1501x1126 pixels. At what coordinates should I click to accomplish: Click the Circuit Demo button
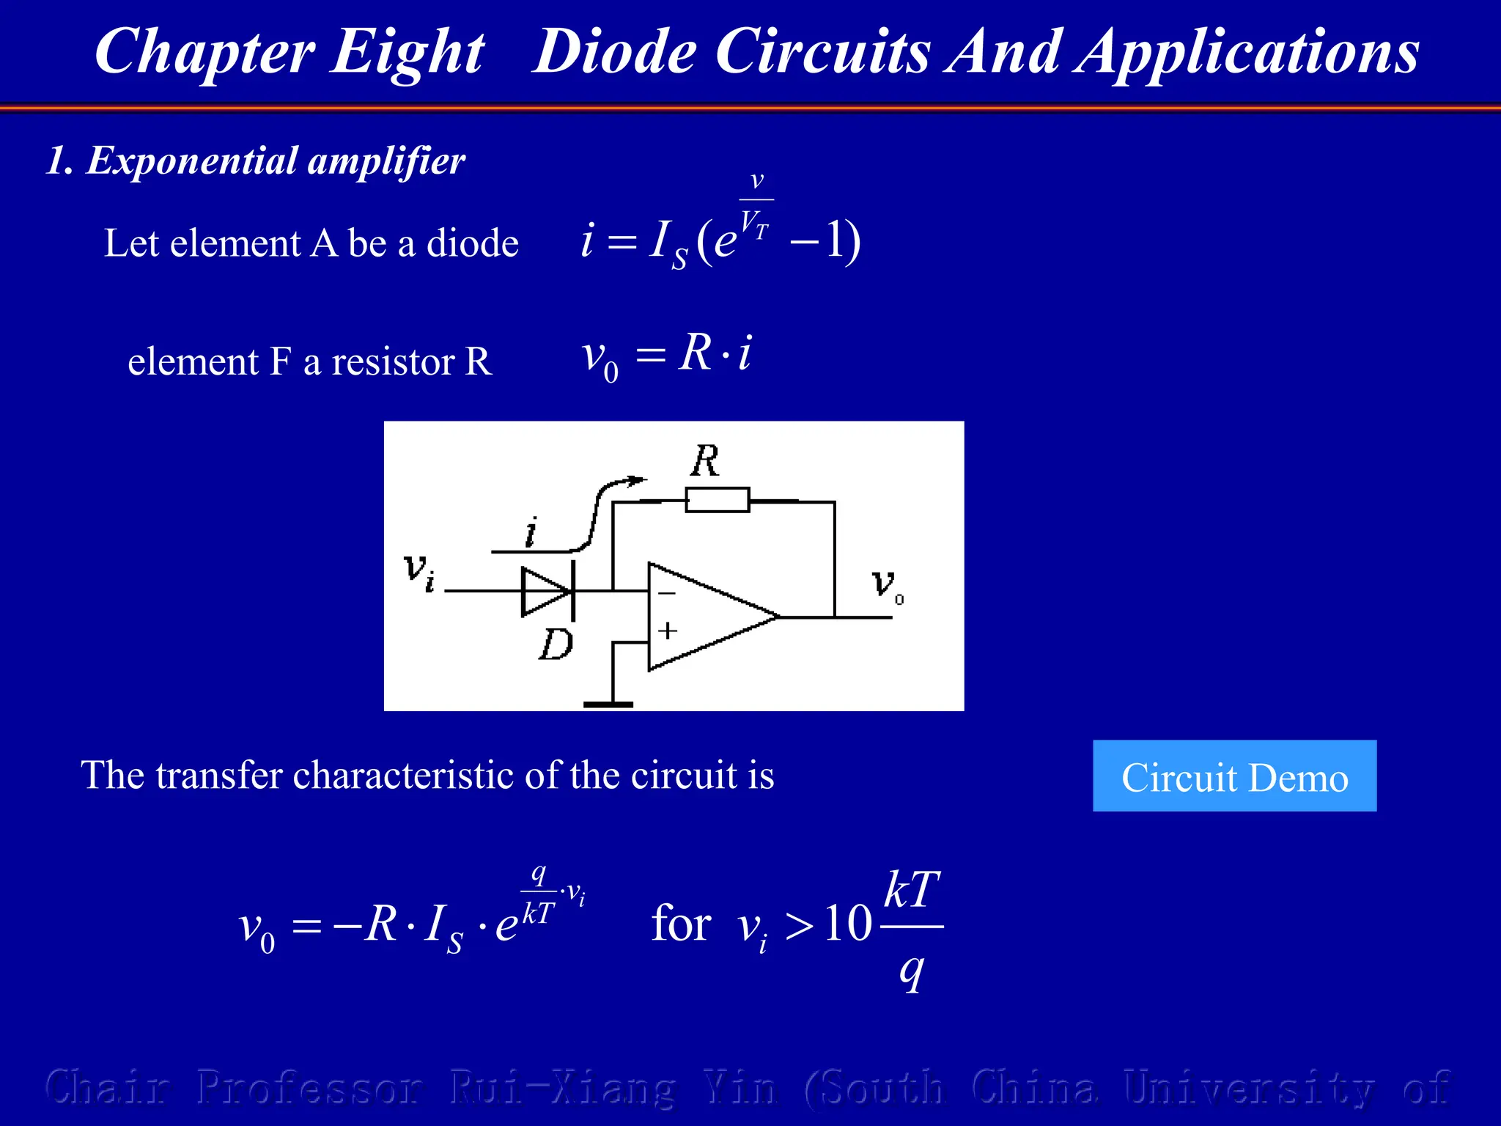[x=1234, y=776]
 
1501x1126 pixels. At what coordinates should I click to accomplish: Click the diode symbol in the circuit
[x=546, y=591]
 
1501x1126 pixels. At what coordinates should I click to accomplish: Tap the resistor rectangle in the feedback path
[x=718, y=500]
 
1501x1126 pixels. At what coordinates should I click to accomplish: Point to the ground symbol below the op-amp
[x=608, y=704]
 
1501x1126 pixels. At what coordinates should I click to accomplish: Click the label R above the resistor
[x=705, y=462]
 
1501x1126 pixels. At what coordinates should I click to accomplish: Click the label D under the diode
[x=556, y=645]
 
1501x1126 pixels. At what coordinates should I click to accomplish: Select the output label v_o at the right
[x=887, y=585]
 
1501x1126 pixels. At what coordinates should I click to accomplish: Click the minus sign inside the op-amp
[x=666, y=593]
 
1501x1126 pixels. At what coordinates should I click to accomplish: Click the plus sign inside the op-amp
[x=667, y=630]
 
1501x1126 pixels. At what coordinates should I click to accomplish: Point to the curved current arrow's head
[x=638, y=480]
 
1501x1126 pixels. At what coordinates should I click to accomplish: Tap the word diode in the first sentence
[x=473, y=243]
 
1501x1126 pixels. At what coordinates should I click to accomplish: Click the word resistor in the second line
[x=394, y=362]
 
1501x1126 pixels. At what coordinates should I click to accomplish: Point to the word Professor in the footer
[x=309, y=1088]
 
